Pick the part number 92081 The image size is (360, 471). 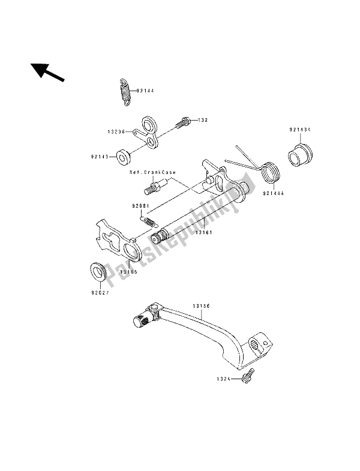point(140,206)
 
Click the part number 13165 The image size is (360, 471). point(128,272)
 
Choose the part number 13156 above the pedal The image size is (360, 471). point(200,305)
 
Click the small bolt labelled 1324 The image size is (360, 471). point(248,379)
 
